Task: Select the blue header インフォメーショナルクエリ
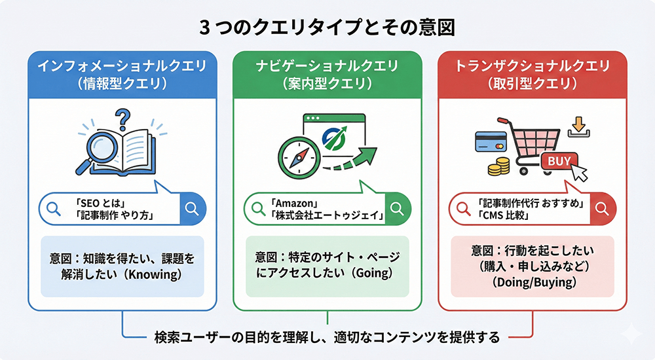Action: tap(122, 66)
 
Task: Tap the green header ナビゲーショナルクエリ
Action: tap(327, 66)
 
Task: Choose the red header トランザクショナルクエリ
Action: tap(533, 66)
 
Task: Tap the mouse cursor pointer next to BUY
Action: tap(580, 172)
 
